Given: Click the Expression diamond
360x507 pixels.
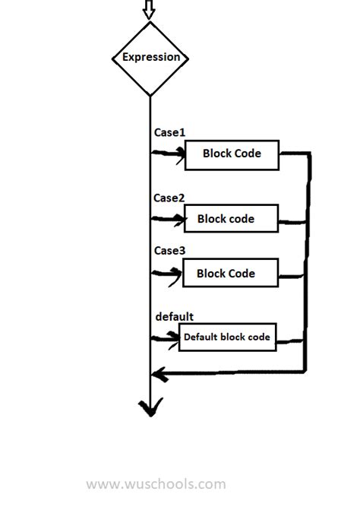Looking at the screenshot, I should click(x=150, y=58).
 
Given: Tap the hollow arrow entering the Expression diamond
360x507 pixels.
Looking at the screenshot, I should click(x=149, y=9).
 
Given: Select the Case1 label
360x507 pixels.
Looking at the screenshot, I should click(x=169, y=132).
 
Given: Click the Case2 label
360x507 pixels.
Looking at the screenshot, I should click(x=169, y=198).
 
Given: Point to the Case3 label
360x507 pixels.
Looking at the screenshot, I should click(x=169, y=250).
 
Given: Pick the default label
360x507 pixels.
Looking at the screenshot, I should click(x=174, y=316).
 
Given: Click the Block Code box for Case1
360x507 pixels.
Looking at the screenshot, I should click(x=232, y=154).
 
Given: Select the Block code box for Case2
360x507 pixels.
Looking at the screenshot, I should click(x=231, y=219).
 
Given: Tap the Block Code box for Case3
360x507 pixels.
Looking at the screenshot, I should click(x=230, y=273).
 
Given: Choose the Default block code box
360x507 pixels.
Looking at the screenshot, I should click(x=226, y=337).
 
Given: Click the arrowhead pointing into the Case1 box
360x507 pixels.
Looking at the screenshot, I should click(x=181, y=154).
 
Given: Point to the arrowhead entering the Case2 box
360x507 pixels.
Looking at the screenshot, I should click(x=179, y=220).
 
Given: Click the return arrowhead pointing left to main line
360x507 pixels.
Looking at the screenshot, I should click(x=157, y=373).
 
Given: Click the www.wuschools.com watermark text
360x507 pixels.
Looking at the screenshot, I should click(x=156, y=483).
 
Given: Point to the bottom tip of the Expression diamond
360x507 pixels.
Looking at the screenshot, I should click(x=150, y=95).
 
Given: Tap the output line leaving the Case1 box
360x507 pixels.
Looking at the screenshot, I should click(x=295, y=154).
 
